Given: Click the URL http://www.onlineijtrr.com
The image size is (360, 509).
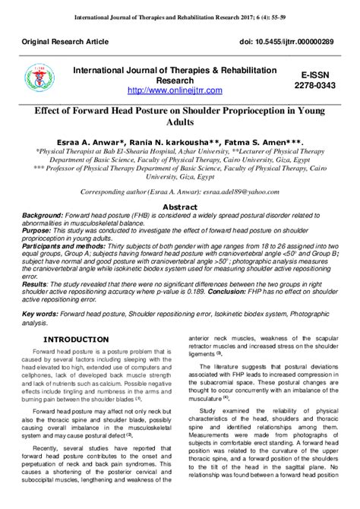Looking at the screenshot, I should coord(175,90).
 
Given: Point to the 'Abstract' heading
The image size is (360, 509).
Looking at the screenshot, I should coord(180,206).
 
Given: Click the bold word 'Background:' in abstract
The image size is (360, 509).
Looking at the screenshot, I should coord(43,216).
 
